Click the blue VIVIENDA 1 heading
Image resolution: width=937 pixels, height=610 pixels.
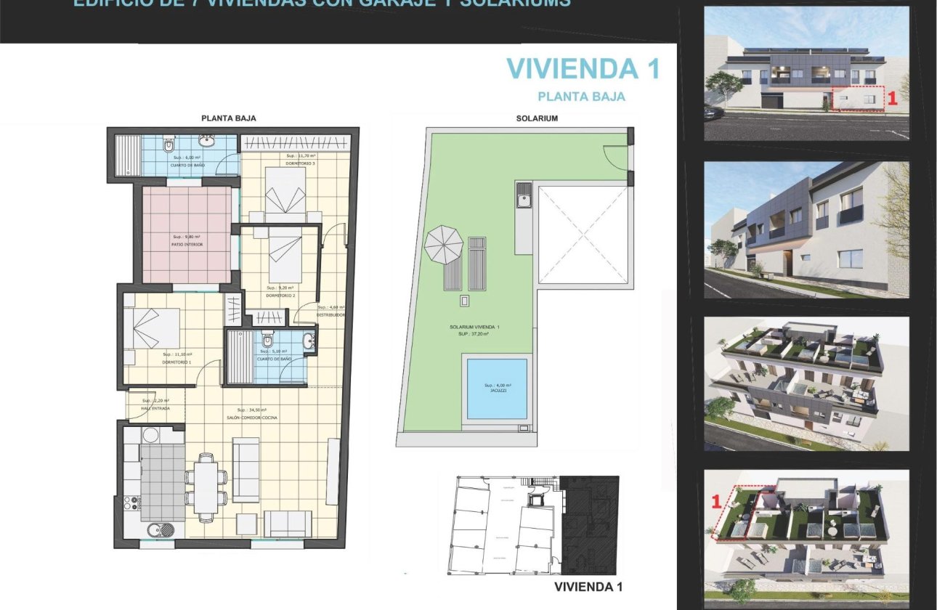point(583,68)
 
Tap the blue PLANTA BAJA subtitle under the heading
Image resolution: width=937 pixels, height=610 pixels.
point(581,96)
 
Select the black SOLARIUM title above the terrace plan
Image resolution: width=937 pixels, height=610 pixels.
point(536,118)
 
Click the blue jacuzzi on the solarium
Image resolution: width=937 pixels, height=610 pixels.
point(497,389)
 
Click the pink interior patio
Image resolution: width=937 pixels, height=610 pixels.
point(187,234)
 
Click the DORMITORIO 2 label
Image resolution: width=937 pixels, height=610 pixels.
point(280,296)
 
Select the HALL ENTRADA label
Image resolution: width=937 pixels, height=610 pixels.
point(155,409)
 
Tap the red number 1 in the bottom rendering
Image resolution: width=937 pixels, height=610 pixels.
point(715,500)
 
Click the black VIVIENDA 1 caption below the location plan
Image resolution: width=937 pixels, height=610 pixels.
point(588,587)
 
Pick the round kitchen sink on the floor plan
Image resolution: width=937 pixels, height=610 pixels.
point(156,530)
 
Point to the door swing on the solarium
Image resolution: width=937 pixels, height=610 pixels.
point(614,155)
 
